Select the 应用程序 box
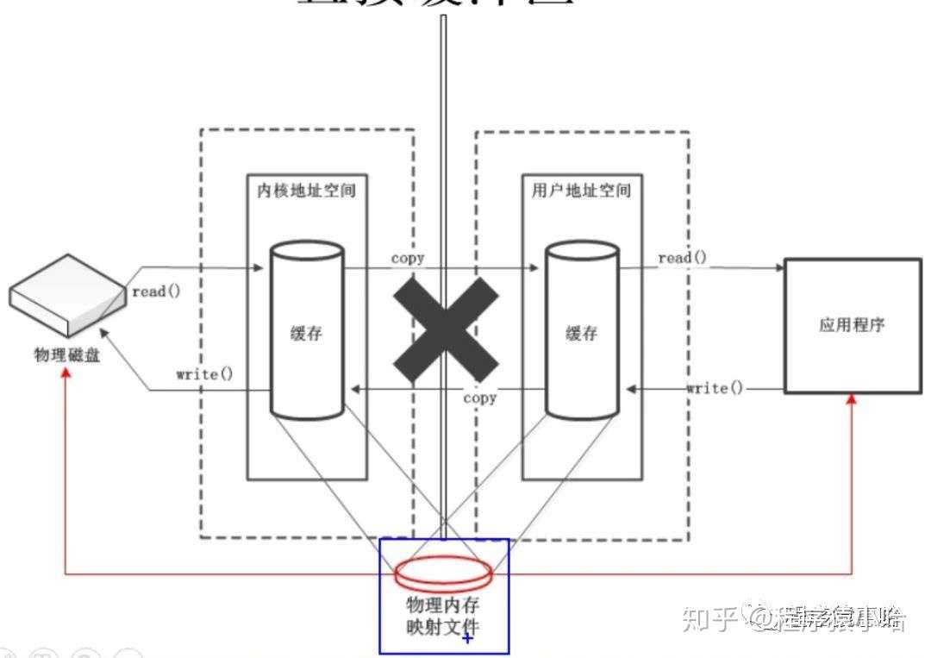(852, 326)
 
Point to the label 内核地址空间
(306, 190)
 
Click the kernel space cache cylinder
(307, 332)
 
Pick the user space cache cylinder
(581, 332)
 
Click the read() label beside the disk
(156, 291)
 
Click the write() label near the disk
(205, 374)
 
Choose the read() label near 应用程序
(683, 258)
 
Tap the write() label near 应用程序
(715, 388)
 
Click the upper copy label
(408, 258)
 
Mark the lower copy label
(479, 398)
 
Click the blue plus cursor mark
(468, 638)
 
